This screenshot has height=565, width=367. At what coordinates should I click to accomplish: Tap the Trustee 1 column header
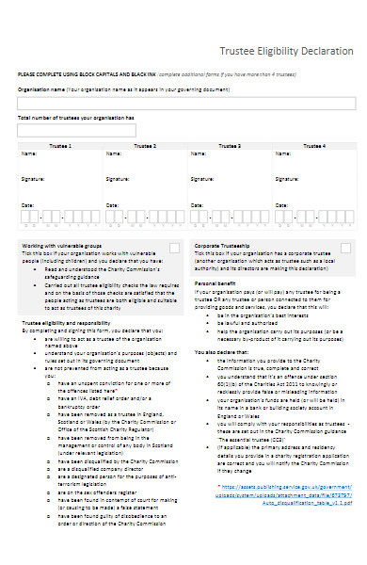(x=61, y=146)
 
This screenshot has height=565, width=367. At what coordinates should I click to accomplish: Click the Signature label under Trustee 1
(x=32, y=178)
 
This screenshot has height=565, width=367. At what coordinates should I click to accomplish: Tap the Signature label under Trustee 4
(x=285, y=178)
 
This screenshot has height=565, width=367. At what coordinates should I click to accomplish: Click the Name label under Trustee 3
(x=197, y=153)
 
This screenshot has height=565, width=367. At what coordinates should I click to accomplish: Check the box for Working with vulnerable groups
(x=173, y=247)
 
